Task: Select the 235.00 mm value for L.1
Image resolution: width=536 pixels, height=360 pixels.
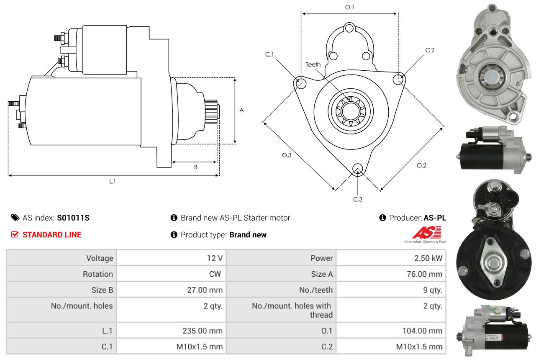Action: coord(203,331)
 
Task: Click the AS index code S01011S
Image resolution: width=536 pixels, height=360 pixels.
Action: coord(73,218)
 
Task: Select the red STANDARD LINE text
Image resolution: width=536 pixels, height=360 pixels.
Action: coord(52,235)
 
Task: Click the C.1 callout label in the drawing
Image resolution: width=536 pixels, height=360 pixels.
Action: coord(269,54)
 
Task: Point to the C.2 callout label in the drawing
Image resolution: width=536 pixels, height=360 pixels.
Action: coord(430,50)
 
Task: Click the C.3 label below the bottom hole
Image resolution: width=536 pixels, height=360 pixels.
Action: coord(357,199)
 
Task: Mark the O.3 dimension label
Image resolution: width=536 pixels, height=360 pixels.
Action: coord(286,155)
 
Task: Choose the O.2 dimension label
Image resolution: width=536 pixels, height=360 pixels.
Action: coord(421,165)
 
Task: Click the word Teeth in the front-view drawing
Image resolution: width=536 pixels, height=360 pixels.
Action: coord(313,64)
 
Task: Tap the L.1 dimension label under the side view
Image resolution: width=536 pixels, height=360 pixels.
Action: coord(112,181)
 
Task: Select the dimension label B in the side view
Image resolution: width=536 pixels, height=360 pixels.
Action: coord(195,167)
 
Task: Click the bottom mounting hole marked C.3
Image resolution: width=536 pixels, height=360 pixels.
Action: coord(357,168)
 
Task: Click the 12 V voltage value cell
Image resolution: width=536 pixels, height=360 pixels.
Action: coord(214,258)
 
